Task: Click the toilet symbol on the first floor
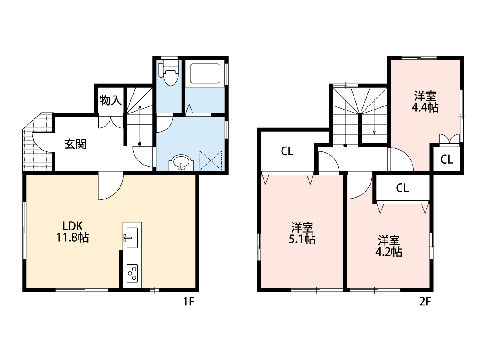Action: tap(169, 75)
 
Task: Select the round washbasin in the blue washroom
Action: tap(182, 163)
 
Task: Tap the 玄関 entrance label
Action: tap(75, 144)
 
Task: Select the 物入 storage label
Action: tap(110, 100)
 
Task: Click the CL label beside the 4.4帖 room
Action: tap(446, 160)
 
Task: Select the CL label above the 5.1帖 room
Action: tap(287, 152)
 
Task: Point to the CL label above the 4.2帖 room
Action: tap(402, 188)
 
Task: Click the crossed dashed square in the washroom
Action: tap(211, 160)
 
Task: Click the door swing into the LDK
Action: tap(109, 187)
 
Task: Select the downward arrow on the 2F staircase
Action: tap(374, 127)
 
